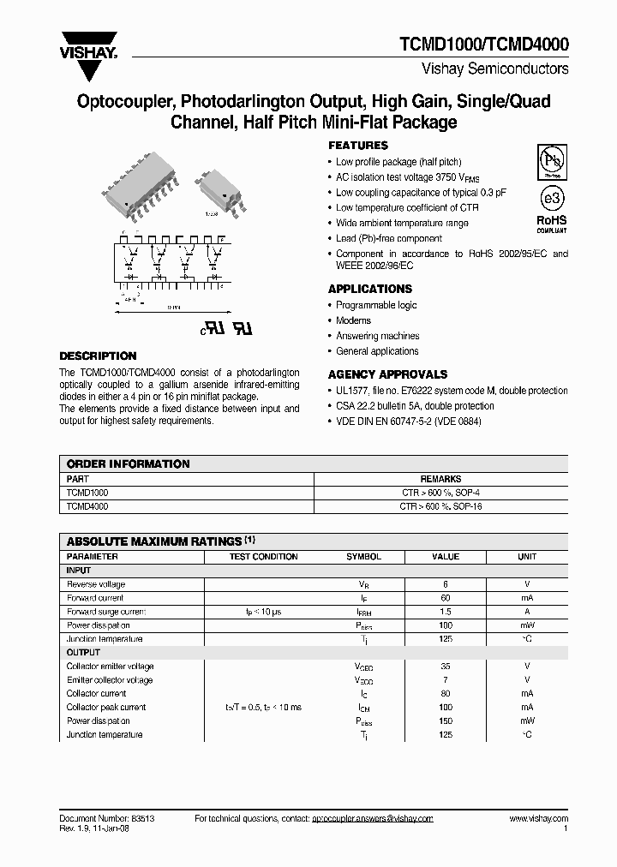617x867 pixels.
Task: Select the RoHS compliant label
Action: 551,224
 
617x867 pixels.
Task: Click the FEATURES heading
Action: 358,146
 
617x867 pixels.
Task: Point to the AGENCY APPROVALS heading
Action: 387,374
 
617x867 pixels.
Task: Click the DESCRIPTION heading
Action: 98,356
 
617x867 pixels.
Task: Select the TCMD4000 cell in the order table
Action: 87,506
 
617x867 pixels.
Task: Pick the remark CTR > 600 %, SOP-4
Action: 441,493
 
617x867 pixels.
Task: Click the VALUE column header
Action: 446,557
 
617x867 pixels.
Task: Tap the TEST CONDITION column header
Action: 264,557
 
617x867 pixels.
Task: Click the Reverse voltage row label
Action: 96,584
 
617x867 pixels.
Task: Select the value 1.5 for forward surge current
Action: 446,612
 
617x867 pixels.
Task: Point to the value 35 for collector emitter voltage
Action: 446,667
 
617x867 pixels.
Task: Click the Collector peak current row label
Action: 106,708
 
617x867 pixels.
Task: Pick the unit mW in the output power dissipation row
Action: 527,721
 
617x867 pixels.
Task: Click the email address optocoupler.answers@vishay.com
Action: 372,819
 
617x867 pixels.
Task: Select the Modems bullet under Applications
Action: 353,320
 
